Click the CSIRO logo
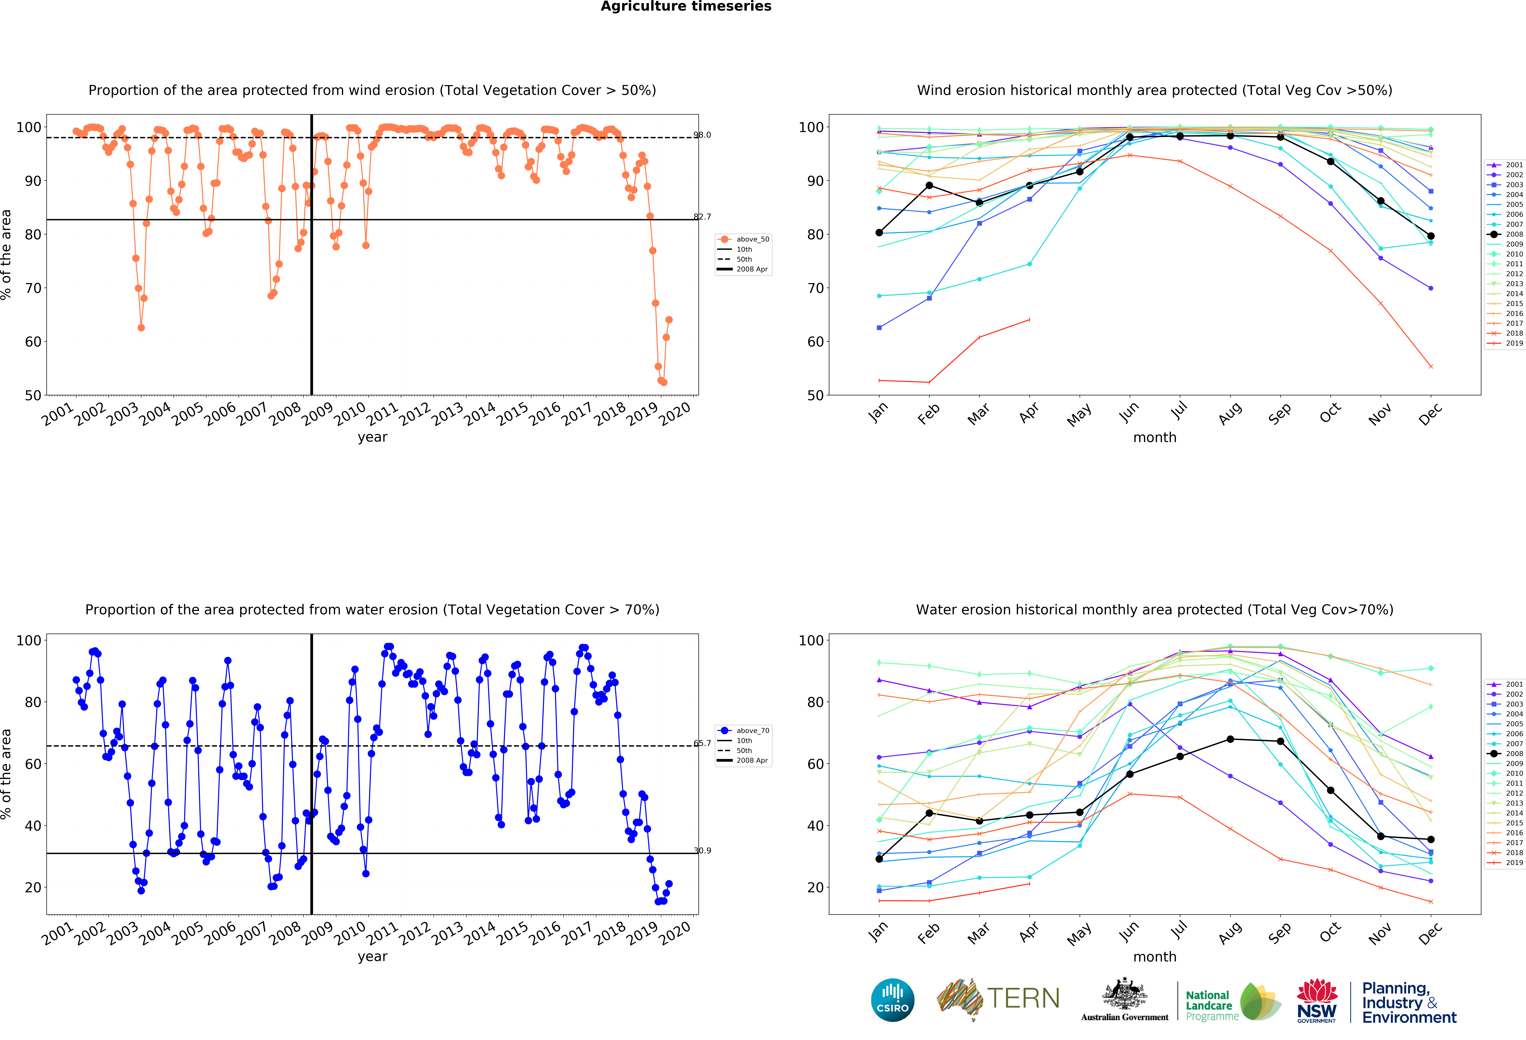(892, 1000)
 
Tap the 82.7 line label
(703, 217)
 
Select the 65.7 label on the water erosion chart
(703, 743)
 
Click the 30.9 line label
(703, 851)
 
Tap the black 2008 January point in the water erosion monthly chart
(879, 859)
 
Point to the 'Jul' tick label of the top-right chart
(1179, 411)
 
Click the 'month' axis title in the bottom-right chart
(1154, 957)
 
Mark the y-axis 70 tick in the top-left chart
(33, 288)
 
